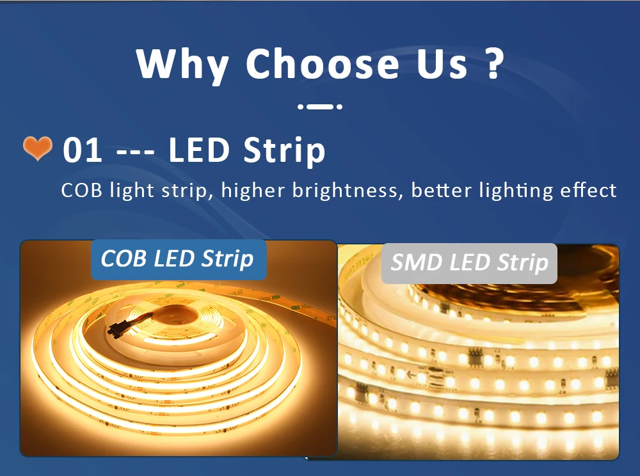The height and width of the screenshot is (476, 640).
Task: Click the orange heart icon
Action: coord(38,148)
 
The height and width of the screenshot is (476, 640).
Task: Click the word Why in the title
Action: coord(182,65)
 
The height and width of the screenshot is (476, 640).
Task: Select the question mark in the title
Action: coord(493,63)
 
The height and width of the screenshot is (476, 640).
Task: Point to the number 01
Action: coord(83,150)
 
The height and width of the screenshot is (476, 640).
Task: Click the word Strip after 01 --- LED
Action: coord(284,151)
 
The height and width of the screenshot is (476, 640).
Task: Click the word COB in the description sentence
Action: coord(82,191)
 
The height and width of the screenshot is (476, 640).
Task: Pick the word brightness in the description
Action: coord(345,191)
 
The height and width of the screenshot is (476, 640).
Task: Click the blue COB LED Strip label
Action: coord(179,259)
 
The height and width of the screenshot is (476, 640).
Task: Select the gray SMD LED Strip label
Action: coord(469,263)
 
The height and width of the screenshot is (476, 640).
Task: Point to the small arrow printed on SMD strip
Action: coord(411,374)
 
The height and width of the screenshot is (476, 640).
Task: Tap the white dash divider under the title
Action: coord(320,106)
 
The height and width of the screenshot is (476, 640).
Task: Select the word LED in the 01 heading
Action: coord(199,150)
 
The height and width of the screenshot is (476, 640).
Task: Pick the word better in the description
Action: coord(441,191)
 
